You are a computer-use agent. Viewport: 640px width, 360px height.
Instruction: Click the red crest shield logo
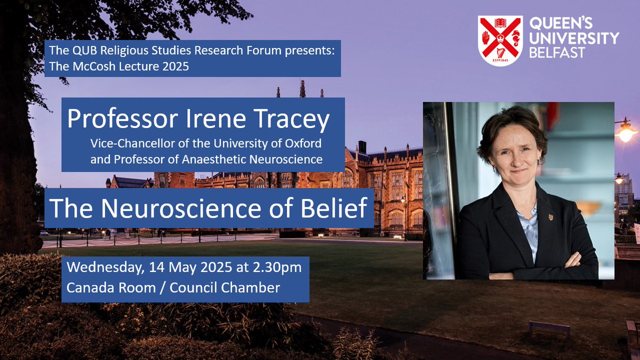coord(500,40)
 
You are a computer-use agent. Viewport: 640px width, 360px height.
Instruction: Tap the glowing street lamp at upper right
coord(625,131)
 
